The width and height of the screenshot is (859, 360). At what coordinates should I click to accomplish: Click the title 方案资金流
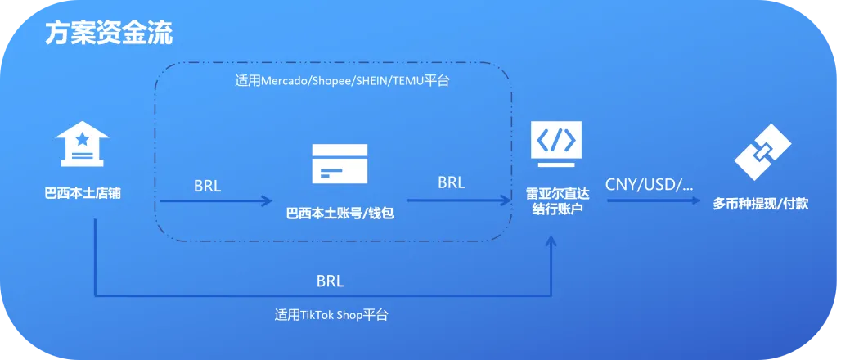tap(108, 34)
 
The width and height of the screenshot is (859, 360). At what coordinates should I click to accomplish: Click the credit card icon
tap(340, 163)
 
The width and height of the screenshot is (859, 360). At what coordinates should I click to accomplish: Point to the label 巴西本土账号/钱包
tap(340, 214)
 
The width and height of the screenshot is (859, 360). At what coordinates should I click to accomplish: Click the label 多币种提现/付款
tap(761, 204)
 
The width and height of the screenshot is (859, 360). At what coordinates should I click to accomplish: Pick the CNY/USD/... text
tap(649, 184)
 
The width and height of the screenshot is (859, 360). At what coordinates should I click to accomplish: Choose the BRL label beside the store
tap(208, 185)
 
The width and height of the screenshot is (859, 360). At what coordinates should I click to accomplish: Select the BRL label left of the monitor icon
tap(451, 182)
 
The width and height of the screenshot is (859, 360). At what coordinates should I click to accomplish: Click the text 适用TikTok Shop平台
tap(331, 314)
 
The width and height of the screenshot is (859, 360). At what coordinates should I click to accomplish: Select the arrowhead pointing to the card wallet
tap(267, 200)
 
